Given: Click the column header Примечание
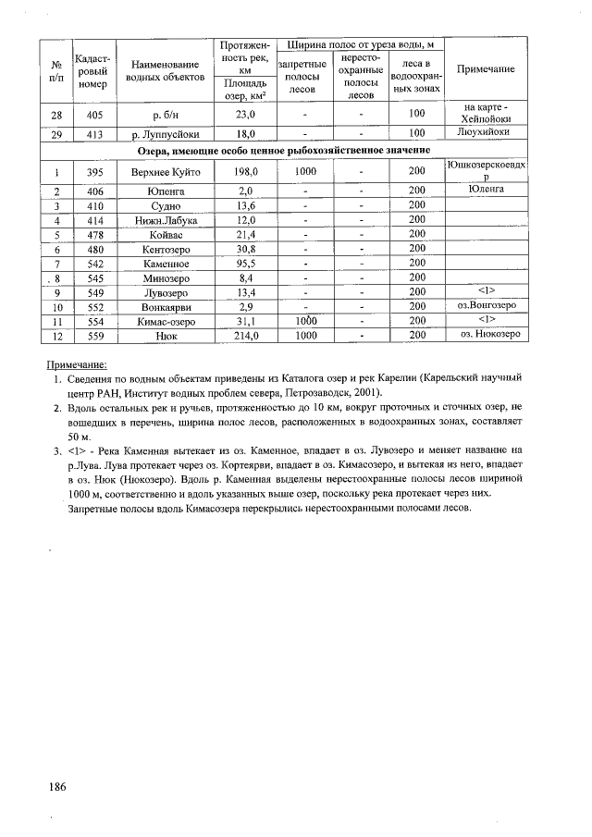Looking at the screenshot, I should (486, 70).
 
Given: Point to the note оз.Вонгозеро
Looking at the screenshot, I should (486, 305).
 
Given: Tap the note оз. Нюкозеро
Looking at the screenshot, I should (486, 334).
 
